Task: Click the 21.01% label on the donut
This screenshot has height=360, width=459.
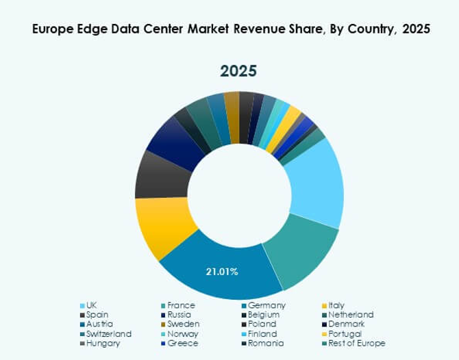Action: coord(222,272)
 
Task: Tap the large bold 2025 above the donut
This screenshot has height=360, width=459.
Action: coord(238,71)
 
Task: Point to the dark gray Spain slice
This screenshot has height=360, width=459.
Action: coord(162,174)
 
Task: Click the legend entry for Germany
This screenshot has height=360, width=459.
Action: coord(266,305)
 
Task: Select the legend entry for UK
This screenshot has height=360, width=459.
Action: coord(91,305)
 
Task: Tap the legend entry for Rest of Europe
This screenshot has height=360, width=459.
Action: coord(357,344)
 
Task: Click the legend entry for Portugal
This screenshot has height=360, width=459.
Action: coord(345,334)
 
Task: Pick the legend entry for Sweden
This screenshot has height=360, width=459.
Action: coord(183,324)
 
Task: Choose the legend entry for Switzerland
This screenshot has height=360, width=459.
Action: coord(108,334)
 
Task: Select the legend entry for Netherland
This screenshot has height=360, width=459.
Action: coord(350,315)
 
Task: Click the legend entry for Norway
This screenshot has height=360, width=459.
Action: coord(183,334)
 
